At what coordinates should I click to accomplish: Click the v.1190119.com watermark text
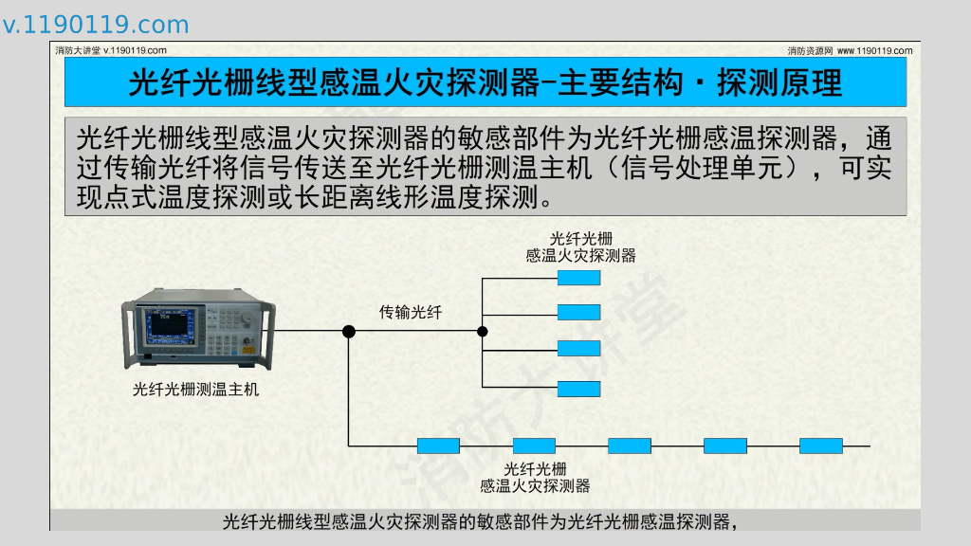(96, 25)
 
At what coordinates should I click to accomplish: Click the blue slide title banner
(485, 82)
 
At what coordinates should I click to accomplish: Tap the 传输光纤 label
(411, 312)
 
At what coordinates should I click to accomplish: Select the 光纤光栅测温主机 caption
(195, 389)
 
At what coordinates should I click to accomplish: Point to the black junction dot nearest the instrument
(349, 331)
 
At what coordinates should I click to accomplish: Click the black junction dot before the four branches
(482, 331)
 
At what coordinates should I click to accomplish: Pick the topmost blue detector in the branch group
(578, 278)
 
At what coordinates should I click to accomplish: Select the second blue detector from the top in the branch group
(578, 312)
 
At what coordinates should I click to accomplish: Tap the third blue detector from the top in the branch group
(578, 347)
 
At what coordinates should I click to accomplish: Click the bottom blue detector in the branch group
(578, 388)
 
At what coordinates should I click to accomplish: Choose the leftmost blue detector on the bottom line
(438, 446)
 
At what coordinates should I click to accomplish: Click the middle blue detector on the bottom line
(629, 446)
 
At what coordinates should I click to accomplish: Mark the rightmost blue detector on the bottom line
(821, 446)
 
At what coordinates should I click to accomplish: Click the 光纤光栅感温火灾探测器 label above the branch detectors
(580, 246)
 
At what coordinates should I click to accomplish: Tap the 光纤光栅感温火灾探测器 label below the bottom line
(535, 477)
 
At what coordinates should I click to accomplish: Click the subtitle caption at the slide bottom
(480, 521)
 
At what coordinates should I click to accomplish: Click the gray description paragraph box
(485, 167)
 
